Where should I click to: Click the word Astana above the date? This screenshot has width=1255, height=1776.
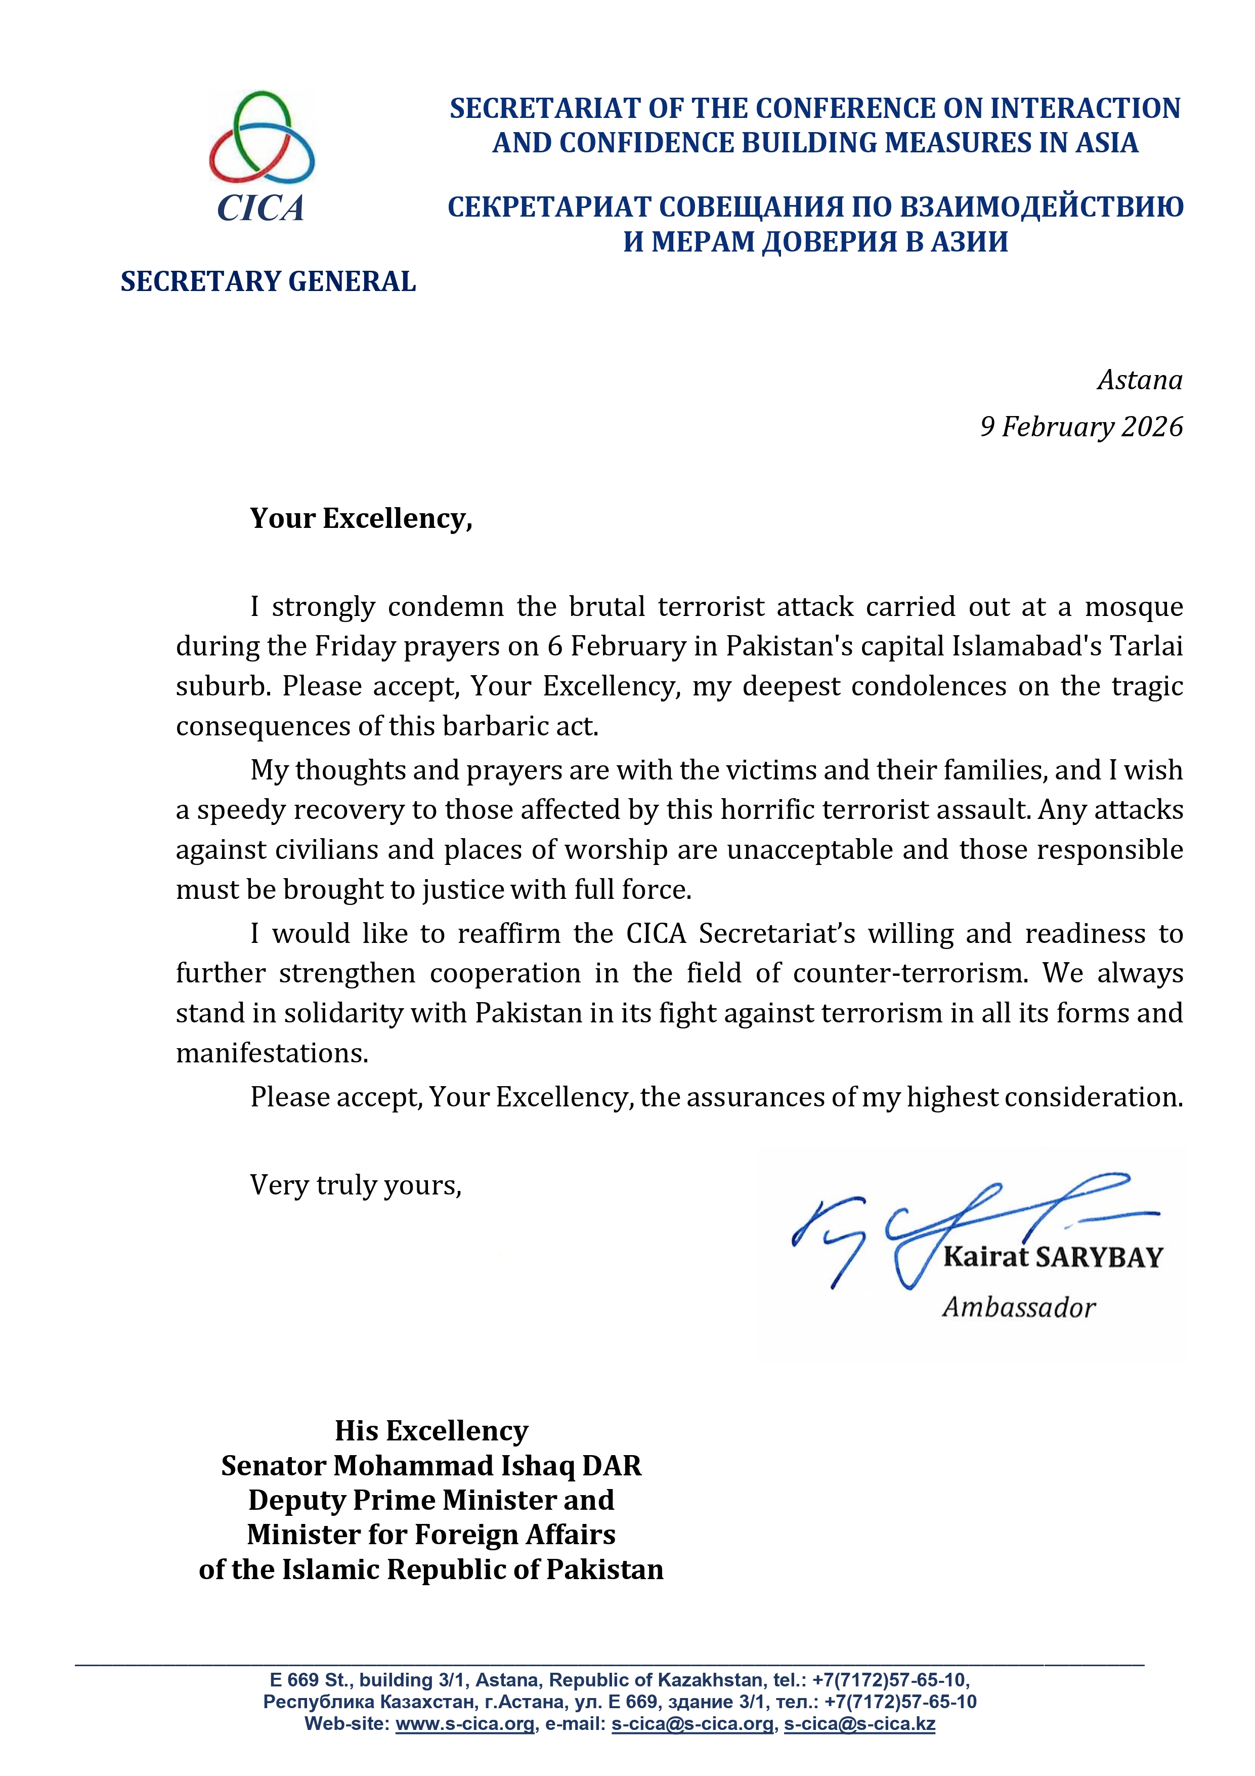pos(1139,380)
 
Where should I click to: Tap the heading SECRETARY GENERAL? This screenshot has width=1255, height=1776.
pos(268,281)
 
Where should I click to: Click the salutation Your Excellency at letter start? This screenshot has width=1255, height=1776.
pos(360,518)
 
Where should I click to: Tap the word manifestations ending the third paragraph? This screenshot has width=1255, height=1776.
pos(272,1053)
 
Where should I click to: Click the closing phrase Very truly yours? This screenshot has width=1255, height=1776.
pos(356,1184)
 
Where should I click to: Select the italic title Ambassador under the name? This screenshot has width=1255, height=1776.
pos(1018,1307)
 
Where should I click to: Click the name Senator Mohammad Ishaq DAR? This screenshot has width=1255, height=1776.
pos(430,1465)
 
